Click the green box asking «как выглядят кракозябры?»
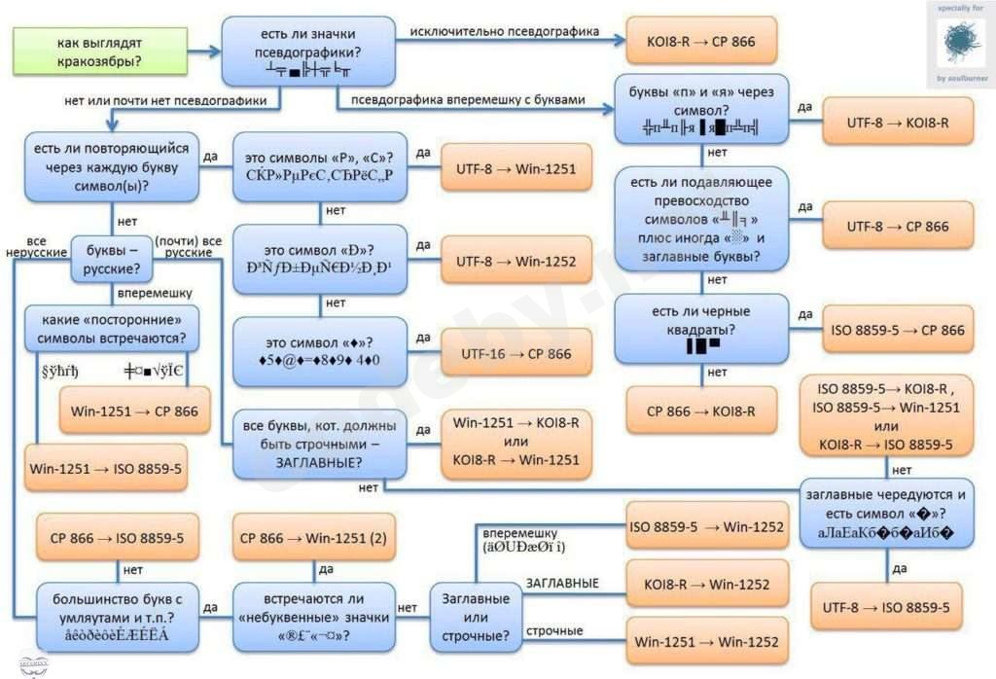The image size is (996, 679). point(87,52)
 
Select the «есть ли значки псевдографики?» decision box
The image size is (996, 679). point(306,52)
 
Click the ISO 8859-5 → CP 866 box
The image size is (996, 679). point(897,330)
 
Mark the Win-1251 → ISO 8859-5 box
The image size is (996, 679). point(106,469)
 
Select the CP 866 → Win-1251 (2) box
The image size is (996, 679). point(313,537)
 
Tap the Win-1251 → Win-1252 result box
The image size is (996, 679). point(706,642)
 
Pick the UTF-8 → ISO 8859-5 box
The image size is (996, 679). point(885,608)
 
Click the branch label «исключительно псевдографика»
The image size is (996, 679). point(504,31)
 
